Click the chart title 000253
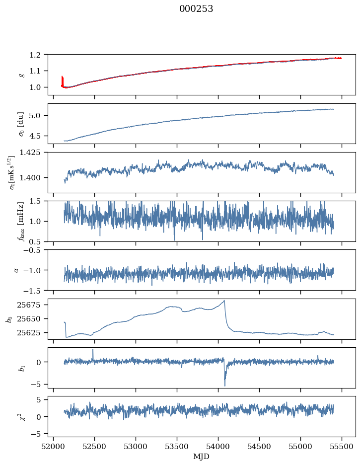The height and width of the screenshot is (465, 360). click(x=196, y=9)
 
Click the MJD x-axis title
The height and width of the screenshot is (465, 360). click(x=202, y=456)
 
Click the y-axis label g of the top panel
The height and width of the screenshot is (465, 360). click(x=20, y=74)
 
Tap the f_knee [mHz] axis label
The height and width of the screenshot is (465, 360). click(x=20, y=221)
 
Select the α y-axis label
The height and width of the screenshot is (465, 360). click(x=16, y=270)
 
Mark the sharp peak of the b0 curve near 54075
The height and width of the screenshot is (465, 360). click(x=224, y=301)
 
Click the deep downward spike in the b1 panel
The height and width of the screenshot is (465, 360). click(x=224, y=386)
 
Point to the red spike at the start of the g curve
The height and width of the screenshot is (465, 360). click(x=62, y=77)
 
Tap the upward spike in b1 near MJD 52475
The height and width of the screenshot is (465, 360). click(x=93, y=349)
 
